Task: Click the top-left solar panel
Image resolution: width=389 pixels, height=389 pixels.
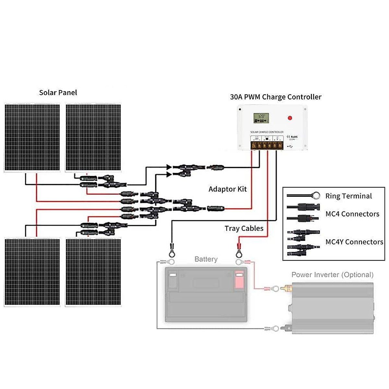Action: click(32, 137)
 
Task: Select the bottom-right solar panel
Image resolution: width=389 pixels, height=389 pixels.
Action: click(93, 272)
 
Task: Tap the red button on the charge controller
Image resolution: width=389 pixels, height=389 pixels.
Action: click(290, 118)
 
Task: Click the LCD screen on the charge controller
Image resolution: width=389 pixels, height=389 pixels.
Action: click(261, 118)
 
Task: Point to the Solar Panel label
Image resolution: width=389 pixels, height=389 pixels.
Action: click(58, 93)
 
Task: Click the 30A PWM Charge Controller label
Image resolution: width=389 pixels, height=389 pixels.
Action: click(276, 97)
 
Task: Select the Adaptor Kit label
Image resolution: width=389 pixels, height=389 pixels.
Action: click(228, 189)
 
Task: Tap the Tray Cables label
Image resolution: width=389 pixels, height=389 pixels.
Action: click(244, 229)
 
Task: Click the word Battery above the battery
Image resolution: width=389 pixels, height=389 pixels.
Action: click(206, 259)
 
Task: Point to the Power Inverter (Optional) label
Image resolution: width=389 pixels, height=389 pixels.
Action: click(332, 275)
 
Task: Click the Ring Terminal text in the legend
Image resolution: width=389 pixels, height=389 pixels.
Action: click(348, 196)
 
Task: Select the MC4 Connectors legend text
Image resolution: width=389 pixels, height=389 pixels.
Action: click(352, 214)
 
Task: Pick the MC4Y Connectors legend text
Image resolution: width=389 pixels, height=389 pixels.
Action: click(354, 242)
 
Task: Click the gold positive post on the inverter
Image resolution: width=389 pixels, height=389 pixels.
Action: click(287, 288)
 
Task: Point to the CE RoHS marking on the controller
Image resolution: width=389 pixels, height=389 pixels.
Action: click(292, 137)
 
